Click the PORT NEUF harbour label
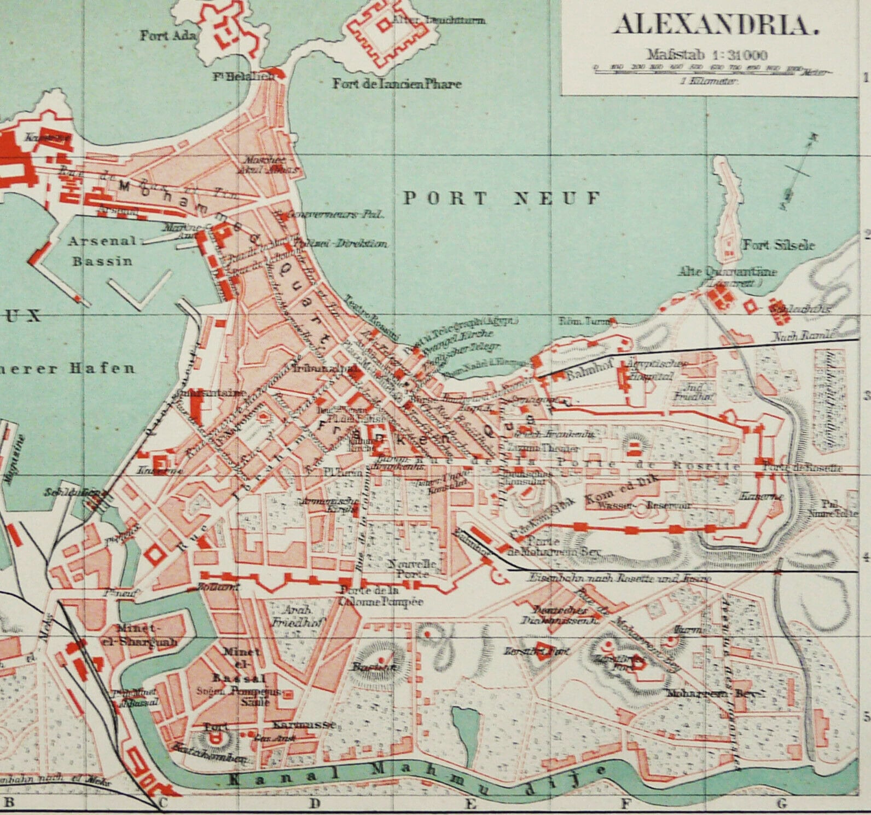[x=501, y=198]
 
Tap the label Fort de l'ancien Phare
[x=397, y=84]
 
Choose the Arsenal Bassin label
[x=102, y=250]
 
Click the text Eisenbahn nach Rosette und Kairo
[x=619, y=578]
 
